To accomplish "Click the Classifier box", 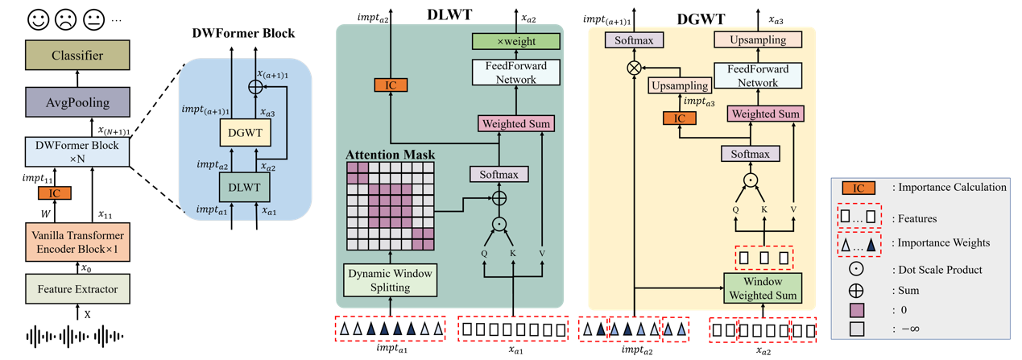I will tap(77, 56).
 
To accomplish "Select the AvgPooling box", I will tap(77, 102).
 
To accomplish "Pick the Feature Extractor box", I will tap(77, 288).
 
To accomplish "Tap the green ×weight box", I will tap(515, 40).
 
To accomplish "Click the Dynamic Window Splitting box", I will tap(390, 279).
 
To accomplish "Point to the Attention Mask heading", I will tap(390, 154).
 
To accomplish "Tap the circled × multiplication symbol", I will tap(634, 68).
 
